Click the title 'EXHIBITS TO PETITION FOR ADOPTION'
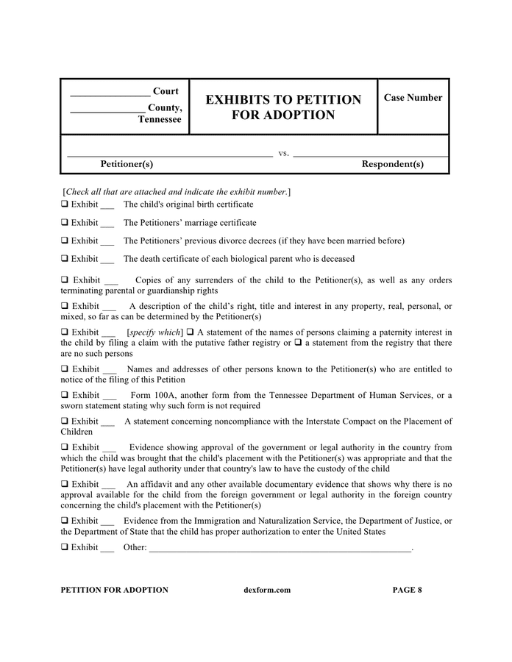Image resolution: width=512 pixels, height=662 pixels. click(x=283, y=107)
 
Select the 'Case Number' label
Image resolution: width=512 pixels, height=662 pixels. click(x=413, y=98)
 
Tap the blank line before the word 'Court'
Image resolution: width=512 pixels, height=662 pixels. click(x=110, y=93)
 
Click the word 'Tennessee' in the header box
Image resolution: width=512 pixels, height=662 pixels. click(x=160, y=120)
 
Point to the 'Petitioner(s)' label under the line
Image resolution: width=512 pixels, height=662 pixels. click(x=127, y=164)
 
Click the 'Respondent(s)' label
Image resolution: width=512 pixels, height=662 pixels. click(x=392, y=164)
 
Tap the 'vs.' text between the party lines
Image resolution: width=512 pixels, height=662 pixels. click(x=283, y=154)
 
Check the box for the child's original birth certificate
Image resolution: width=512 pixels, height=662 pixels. click(x=65, y=204)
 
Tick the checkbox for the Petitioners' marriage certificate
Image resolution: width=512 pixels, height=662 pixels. click(x=65, y=223)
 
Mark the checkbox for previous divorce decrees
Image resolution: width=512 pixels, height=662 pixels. click(x=65, y=241)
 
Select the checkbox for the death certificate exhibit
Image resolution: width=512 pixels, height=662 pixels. click(x=65, y=259)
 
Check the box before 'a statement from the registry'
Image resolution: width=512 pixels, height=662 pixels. click(x=298, y=343)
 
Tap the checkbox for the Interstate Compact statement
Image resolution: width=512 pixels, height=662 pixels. click(x=65, y=421)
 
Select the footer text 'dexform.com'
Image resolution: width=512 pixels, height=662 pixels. click(x=266, y=590)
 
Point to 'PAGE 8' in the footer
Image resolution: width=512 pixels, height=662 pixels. click(x=407, y=590)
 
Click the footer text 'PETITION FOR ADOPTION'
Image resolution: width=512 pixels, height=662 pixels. click(x=114, y=590)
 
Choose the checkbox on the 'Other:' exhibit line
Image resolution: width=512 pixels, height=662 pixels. click(x=65, y=547)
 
